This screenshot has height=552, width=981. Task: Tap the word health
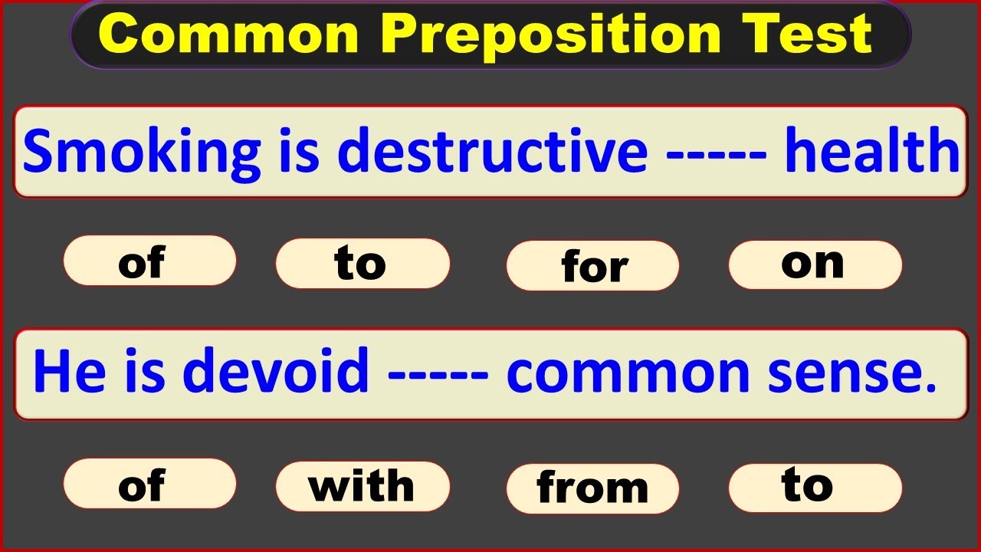pos(872,151)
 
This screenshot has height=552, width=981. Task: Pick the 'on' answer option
pos(814,264)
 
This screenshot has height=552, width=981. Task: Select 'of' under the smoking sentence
pos(149,261)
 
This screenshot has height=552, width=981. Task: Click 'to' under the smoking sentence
pos(362,263)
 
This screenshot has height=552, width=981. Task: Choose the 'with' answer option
pos(362,486)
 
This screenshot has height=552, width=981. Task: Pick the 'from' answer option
pos(593,488)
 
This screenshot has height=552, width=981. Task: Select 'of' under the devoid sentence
pos(149,485)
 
